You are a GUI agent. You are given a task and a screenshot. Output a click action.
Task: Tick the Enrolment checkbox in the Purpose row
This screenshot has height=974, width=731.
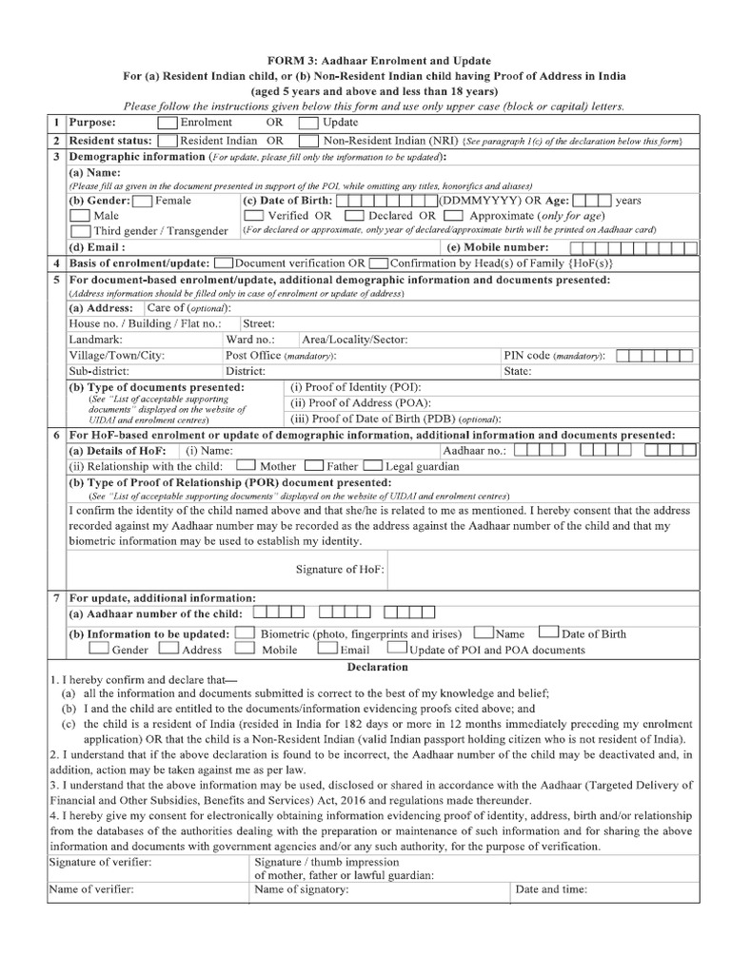coord(166,123)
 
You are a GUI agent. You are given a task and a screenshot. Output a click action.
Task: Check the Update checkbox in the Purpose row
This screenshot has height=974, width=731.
coord(307,123)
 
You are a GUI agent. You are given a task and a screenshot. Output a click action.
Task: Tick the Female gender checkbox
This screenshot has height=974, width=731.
coord(141,201)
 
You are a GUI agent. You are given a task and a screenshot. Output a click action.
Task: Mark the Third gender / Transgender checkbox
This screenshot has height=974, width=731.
coord(80,231)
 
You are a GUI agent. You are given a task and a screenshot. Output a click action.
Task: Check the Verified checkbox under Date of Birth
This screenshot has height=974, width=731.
coord(254,216)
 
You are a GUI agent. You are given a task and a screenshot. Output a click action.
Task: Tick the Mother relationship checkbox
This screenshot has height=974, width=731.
coord(245,466)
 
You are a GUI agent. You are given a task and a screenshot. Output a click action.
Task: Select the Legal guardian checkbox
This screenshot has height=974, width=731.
coord(372,466)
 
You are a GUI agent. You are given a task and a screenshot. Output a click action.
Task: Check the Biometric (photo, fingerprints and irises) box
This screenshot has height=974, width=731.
coord(244,633)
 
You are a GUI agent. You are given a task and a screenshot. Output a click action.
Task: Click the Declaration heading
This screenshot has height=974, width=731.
coord(378,667)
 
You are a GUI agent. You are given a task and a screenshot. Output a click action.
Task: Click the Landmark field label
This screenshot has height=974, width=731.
coord(96,339)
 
